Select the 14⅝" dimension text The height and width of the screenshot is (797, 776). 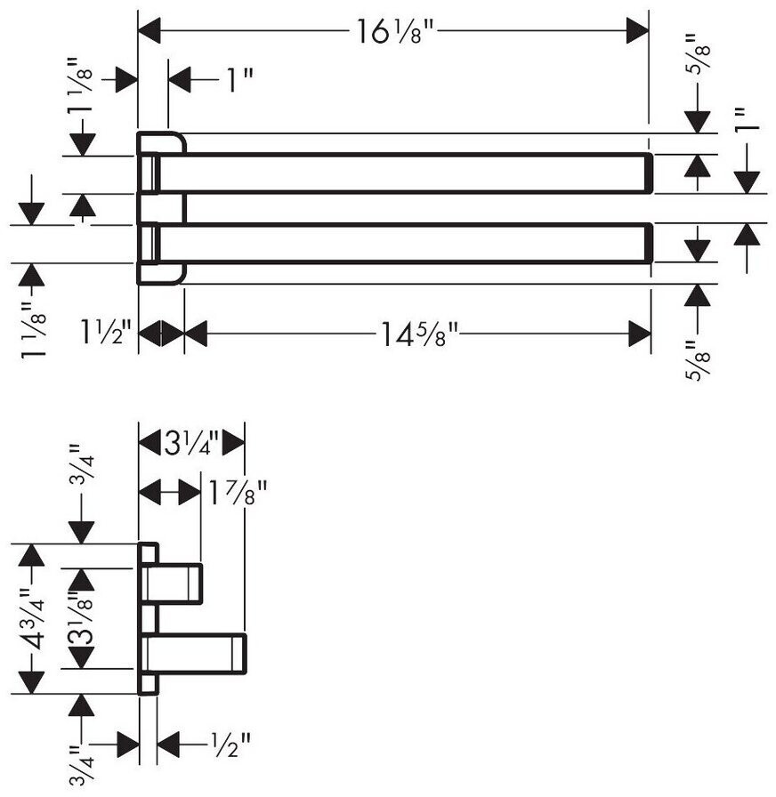pyautogui.click(x=419, y=335)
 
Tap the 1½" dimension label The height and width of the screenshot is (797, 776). pyautogui.click(x=106, y=333)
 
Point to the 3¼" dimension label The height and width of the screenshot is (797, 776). pyautogui.click(x=191, y=443)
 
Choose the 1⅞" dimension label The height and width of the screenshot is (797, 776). pyautogui.click(x=238, y=492)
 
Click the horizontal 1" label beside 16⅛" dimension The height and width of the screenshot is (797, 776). pyautogui.click(x=238, y=80)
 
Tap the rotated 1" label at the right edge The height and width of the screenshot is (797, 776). pyautogui.click(x=746, y=119)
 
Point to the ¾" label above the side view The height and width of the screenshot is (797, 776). pyautogui.click(x=81, y=464)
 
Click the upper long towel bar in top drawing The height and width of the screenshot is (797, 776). pyautogui.click(x=403, y=173)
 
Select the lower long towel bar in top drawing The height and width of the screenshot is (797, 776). pyautogui.click(x=403, y=243)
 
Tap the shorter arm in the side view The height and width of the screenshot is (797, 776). pyautogui.click(x=173, y=584)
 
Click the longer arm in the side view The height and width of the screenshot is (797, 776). pyautogui.click(x=194, y=654)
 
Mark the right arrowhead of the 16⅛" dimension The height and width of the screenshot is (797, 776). pyautogui.click(x=637, y=30)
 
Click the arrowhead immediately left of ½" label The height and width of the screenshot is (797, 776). pyautogui.click(x=168, y=745)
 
